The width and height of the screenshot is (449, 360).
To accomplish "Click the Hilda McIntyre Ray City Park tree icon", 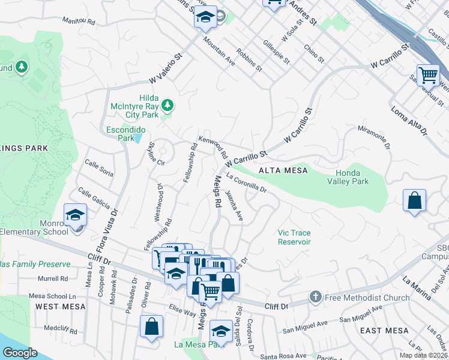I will (x=168, y=106).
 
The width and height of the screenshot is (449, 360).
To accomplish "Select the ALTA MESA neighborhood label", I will (x=283, y=171).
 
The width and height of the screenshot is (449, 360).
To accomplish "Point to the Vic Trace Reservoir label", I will (x=294, y=237).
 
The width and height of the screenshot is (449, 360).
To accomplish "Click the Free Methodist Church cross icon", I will (x=316, y=297).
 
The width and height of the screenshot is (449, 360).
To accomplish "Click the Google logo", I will (x=20, y=352).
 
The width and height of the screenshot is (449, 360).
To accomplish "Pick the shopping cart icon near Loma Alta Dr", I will (x=428, y=75).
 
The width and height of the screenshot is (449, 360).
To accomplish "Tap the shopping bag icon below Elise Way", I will (x=152, y=327).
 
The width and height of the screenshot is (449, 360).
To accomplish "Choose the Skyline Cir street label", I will (x=156, y=154).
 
